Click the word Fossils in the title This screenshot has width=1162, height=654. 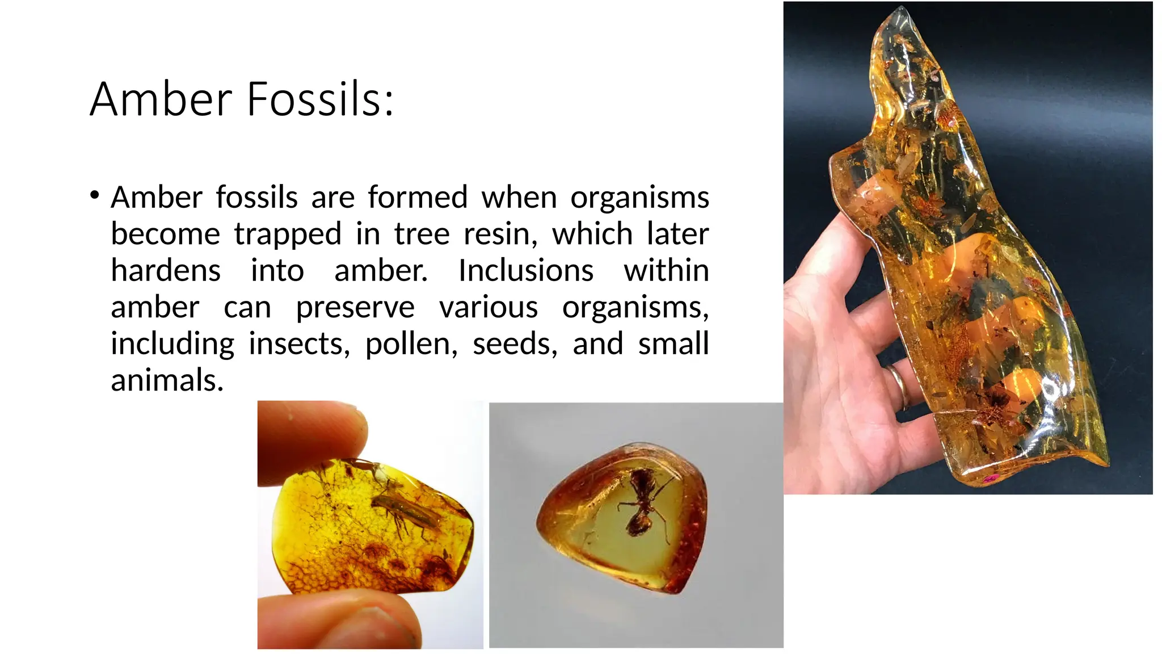pyautogui.click(x=320, y=99)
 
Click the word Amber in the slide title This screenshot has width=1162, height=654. pyautogui.click(x=161, y=99)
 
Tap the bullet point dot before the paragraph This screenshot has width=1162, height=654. pyautogui.click(x=94, y=196)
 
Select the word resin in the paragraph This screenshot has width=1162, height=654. pyautogui.click(x=500, y=234)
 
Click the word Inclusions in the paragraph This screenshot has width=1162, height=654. pyautogui.click(x=525, y=270)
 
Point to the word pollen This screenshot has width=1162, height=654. pyautogui.click(x=411, y=344)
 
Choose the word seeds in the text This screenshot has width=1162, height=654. pyautogui.click(x=515, y=344)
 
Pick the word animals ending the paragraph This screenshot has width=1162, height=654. pyautogui.click(x=167, y=380)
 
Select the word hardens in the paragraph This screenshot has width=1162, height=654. pyautogui.click(x=166, y=270)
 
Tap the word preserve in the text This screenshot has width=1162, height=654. pyautogui.click(x=355, y=308)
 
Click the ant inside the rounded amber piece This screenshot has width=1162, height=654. pyautogui.click(x=641, y=502)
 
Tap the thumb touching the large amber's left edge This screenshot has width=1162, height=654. pyautogui.click(x=834, y=238)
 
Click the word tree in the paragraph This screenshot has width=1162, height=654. pyautogui.click(x=422, y=234)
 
